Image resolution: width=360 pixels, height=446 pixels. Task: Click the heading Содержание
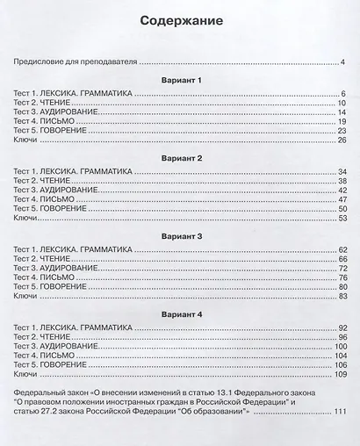pos(180,19)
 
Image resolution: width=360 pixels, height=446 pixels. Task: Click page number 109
pos(340,374)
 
